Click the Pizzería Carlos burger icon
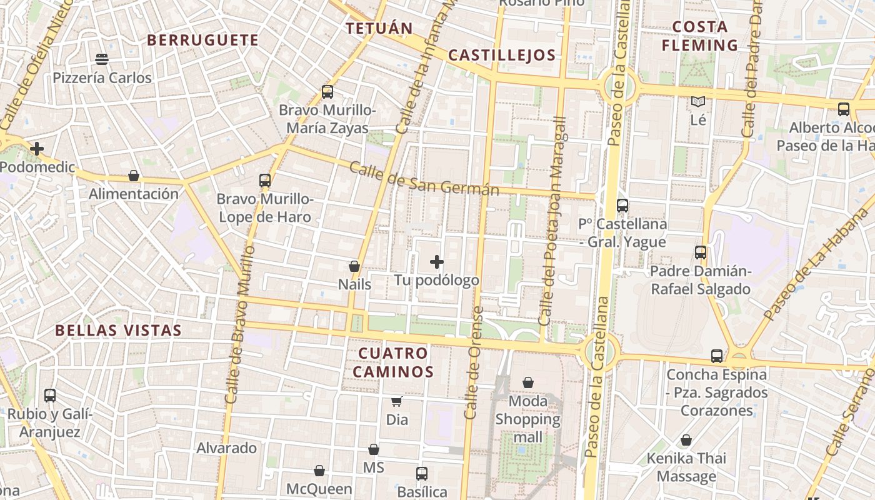pyautogui.click(x=102, y=59)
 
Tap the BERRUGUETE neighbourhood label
pyautogui.click(x=202, y=40)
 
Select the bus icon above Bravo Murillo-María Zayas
pyautogui.click(x=327, y=92)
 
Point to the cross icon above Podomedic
pyautogui.click(x=37, y=149)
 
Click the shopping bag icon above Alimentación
pyautogui.click(x=133, y=176)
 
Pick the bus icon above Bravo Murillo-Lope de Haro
pyautogui.click(x=265, y=181)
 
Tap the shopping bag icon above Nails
pyautogui.click(x=354, y=266)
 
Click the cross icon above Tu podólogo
pyautogui.click(x=437, y=262)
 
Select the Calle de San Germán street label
pyautogui.click(x=424, y=179)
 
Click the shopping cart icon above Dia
pyautogui.click(x=396, y=401)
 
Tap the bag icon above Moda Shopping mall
pyautogui.click(x=528, y=382)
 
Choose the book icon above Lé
pyautogui.click(x=698, y=101)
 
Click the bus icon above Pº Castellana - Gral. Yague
pyautogui.click(x=622, y=205)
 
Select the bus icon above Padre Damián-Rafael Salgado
pyautogui.click(x=701, y=252)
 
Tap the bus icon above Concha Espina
pyautogui.click(x=717, y=356)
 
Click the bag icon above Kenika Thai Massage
pyautogui.click(x=686, y=440)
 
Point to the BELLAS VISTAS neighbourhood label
pyautogui.click(x=118, y=331)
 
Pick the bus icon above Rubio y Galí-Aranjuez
pyautogui.click(x=50, y=395)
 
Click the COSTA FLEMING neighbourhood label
pyautogui.click(x=700, y=36)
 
